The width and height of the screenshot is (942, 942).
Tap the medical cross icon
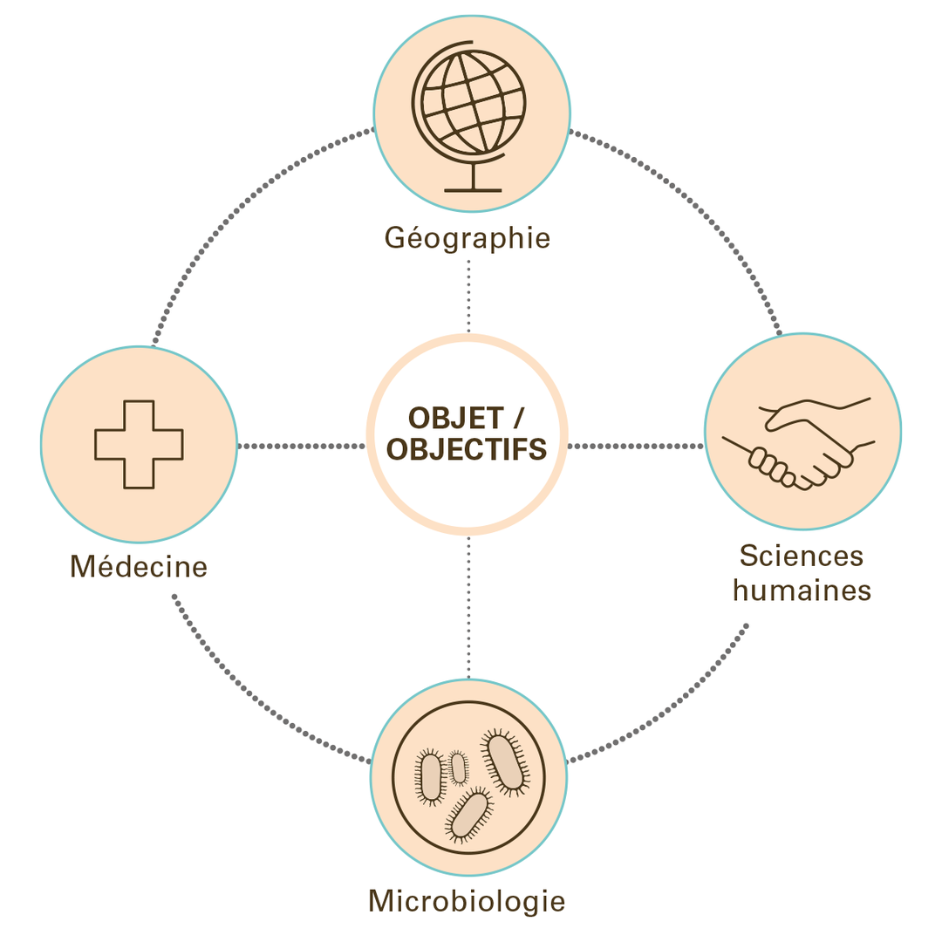pyautogui.click(x=139, y=444)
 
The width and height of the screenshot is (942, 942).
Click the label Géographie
pyautogui.click(x=468, y=238)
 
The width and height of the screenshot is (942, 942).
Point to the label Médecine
pyautogui.click(x=139, y=567)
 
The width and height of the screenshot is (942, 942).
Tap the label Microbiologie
pyautogui.click(x=468, y=899)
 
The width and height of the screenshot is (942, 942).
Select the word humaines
pyautogui.click(x=802, y=590)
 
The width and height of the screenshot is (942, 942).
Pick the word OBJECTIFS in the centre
pyautogui.click(x=467, y=449)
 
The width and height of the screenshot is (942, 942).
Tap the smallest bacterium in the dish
pyautogui.click(x=458, y=767)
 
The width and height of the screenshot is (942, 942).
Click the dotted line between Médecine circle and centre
pyautogui.click(x=301, y=446)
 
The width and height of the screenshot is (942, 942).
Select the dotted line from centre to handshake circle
pyautogui.click(x=636, y=446)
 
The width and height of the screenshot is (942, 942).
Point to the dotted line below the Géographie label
pyautogui.click(x=468, y=297)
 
